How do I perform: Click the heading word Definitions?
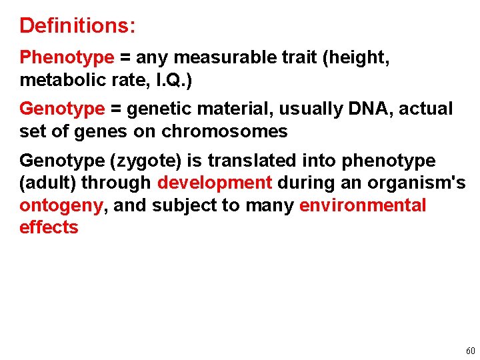click(x=77, y=26)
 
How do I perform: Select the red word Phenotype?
click(x=67, y=58)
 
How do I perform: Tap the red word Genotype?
click(x=62, y=109)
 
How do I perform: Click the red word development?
click(x=215, y=183)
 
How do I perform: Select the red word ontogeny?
click(x=61, y=206)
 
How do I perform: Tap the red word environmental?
click(x=363, y=205)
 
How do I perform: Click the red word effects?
click(x=49, y=228)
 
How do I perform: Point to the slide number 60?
click(x=471, y=351)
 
